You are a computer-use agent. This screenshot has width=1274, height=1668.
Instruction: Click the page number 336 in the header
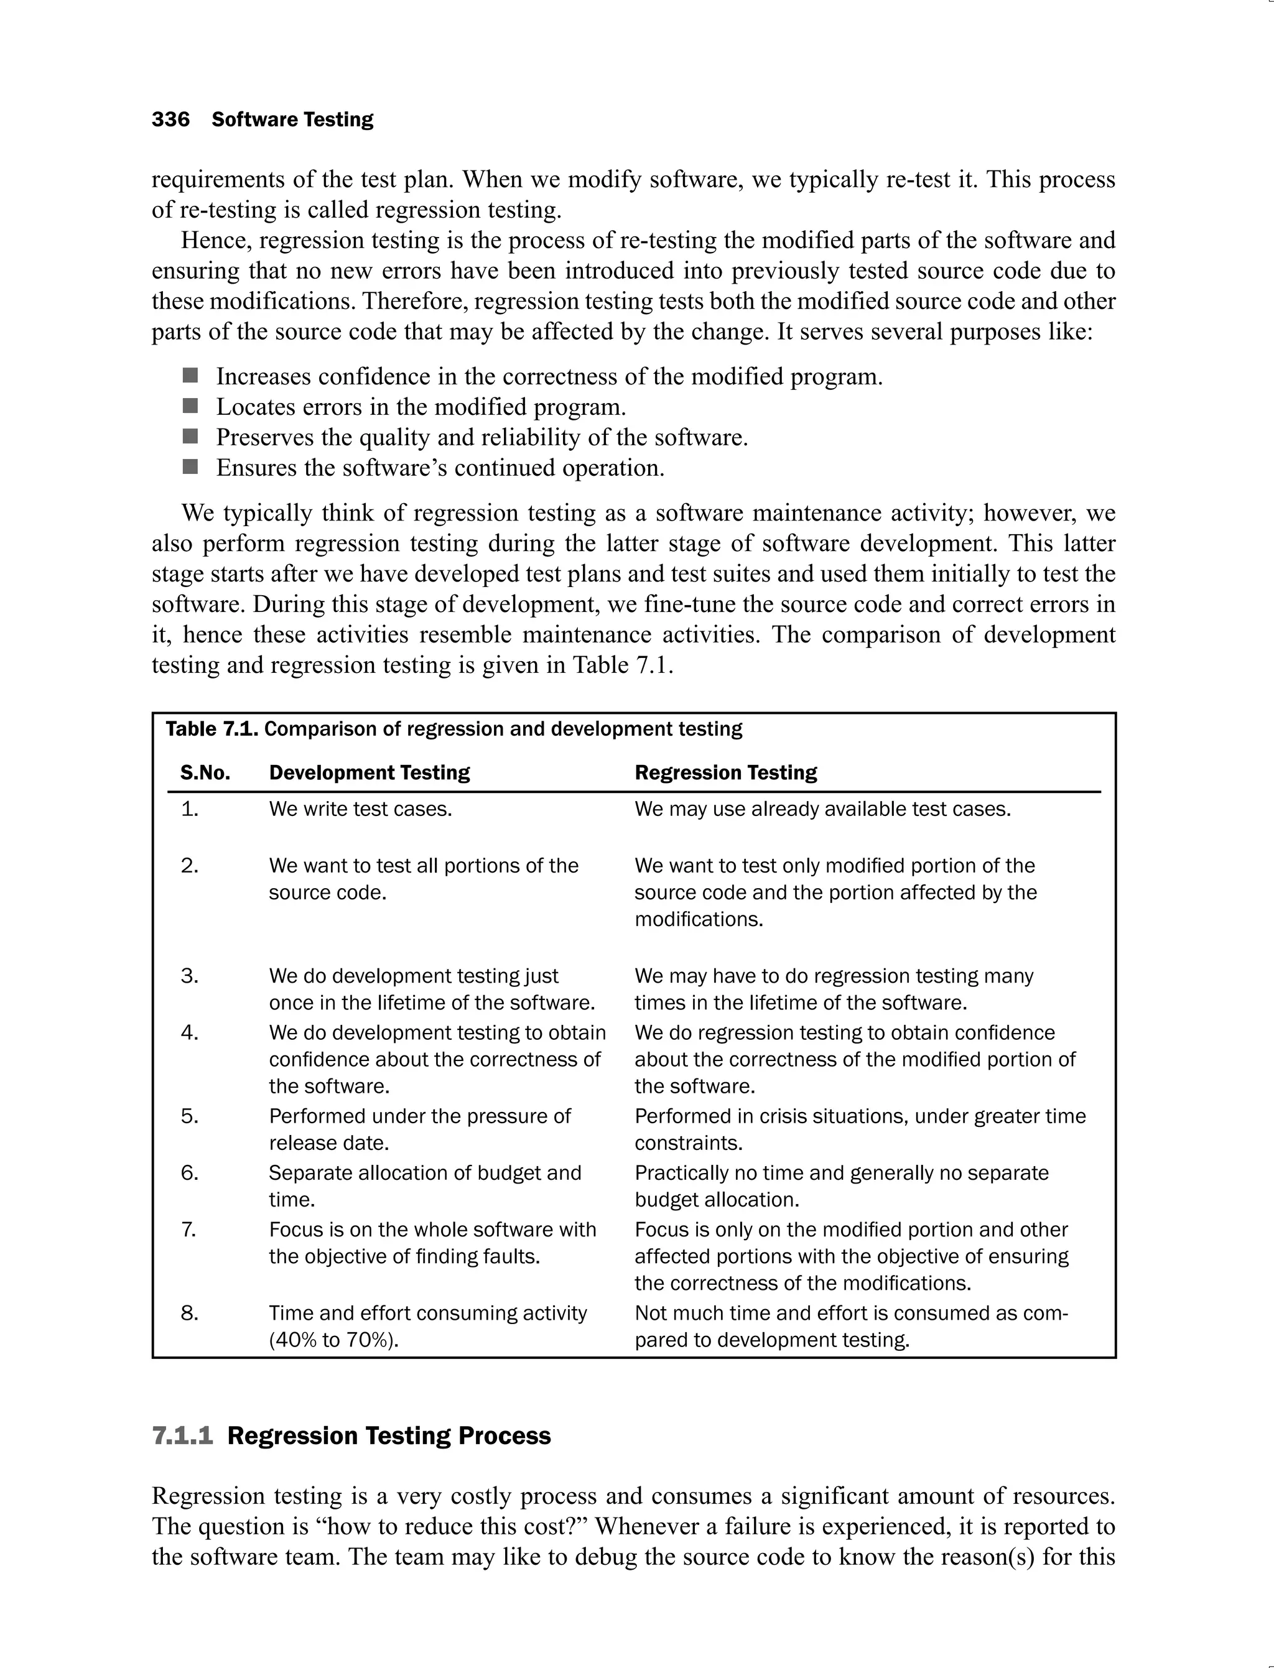click(x=170, y=120)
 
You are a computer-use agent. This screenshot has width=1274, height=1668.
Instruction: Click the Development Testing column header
click(x=370, y=772)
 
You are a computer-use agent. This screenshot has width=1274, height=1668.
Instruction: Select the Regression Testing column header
click(x=726, y=772)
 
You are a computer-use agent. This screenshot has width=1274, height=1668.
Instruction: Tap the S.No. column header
click(x=205, y=772)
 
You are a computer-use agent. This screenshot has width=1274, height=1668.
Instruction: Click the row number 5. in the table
click(x=190, y=1116)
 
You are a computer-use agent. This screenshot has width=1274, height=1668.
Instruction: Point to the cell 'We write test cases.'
click(x=360, y=809)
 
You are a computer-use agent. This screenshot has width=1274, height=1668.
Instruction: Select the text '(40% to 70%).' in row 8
click(x=333, y=1340)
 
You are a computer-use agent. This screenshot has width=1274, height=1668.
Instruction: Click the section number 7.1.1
click(x=183, y=1436)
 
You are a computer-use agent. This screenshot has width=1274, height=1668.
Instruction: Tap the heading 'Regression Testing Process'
click(x=389, y=1436)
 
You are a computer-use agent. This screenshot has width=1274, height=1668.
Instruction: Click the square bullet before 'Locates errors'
click(x=190, y=406)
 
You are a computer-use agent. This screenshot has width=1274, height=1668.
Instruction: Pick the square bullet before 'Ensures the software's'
click(x=190, y=467)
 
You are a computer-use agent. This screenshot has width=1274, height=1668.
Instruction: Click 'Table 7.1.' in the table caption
click(x=212, y=730)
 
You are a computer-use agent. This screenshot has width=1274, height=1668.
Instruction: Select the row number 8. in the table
click(x=190, y=1313)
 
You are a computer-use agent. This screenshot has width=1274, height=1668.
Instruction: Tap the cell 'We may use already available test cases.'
click(x=823, y=809)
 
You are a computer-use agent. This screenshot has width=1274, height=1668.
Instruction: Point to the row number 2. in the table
click(x=190, y=866)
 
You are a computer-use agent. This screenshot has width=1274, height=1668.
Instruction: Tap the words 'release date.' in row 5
click(x=328, y=1142)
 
